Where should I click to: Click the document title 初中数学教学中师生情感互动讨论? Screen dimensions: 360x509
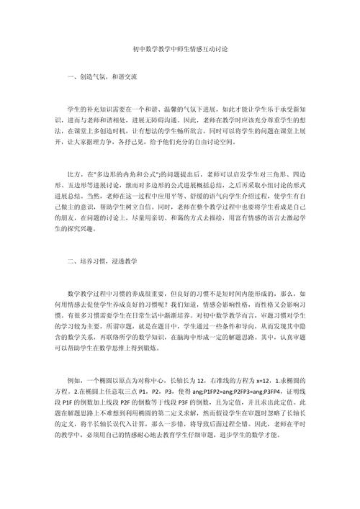180,50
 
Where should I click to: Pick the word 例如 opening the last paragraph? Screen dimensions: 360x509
73,378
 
